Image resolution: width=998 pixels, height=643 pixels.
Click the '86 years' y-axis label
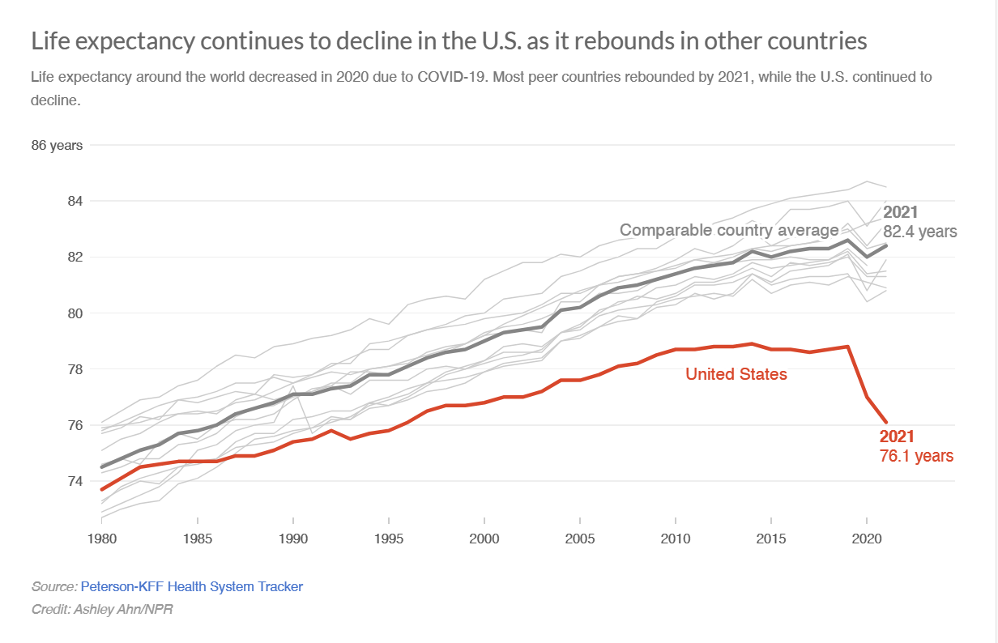(57, 146)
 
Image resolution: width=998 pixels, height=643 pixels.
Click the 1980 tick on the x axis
(101, 538)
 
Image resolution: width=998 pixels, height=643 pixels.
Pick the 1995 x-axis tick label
(389, 538)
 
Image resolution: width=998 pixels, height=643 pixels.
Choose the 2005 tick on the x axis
(580, 538)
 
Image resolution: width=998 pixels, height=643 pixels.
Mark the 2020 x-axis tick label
(867, 538)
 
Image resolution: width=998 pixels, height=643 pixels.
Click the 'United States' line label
(736, 374)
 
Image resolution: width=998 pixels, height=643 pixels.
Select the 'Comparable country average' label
(729, 230)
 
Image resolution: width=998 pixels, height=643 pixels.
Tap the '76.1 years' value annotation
(916, 456)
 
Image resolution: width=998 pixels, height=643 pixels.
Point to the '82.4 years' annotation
(919, 232)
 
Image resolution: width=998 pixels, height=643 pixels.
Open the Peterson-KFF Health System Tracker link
(192, 586)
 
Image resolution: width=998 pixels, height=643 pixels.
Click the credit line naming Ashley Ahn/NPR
(102, 609)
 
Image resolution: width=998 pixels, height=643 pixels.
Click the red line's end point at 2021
(886, 422)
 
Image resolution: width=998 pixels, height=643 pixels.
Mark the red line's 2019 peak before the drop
(847, 347)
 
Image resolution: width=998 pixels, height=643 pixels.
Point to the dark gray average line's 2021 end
(886, 245)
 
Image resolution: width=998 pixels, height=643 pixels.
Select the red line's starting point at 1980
(101, 489)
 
